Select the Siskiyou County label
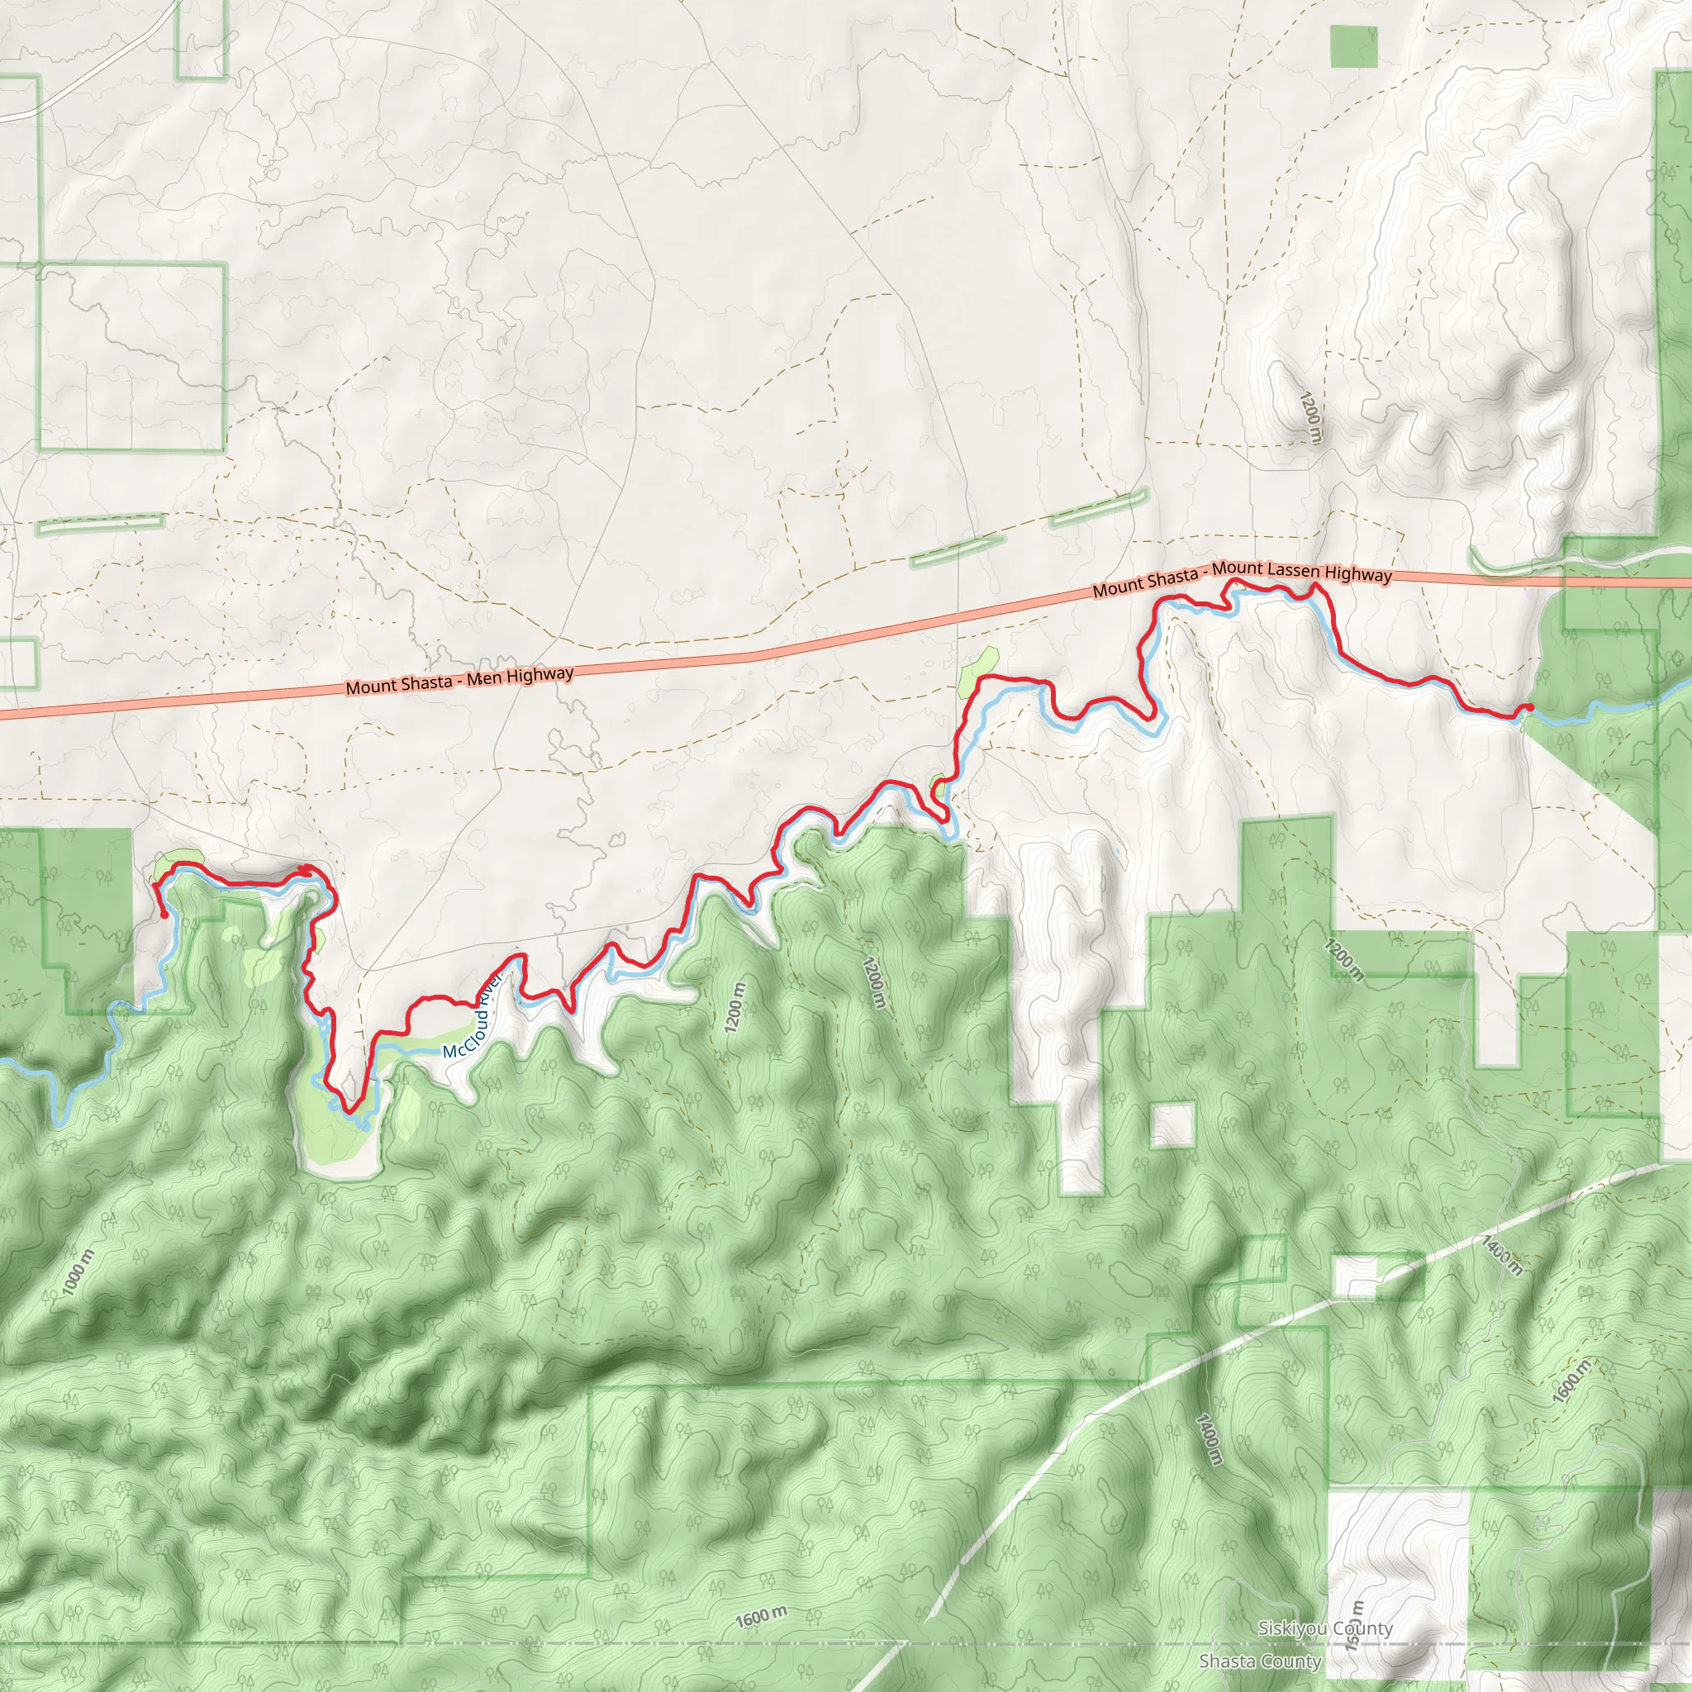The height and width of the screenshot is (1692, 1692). click(1325, 1628)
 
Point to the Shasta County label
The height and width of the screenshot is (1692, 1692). click(1259, 1661)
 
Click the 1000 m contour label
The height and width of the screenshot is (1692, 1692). click(77, 1272)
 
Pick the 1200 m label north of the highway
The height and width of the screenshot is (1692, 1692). click(1309, 418)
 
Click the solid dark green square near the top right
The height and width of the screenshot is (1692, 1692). click(1353, 46)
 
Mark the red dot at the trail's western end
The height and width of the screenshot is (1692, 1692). click(164, 915)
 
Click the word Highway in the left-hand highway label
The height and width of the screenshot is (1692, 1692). click(539, 675)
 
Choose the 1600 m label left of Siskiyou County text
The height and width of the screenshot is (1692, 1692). click(760, 1617)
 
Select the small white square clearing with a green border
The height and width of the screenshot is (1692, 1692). click(1172, 1125)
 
